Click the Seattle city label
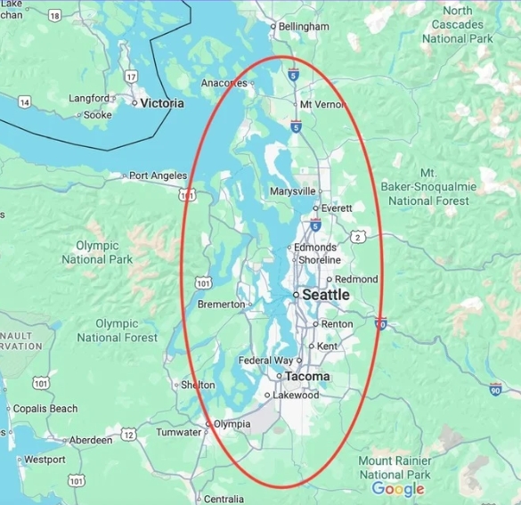[326, 295]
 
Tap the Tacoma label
[307, 377]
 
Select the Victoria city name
[162, 103]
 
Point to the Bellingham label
[304, 27]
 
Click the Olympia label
[232, 425]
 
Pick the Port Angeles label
[158, 175]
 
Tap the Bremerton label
[220, 305]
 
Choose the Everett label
[337, 208]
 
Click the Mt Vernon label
[322, 104]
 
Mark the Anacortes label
[224, 83]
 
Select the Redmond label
[356, 279]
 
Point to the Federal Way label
[265, 361]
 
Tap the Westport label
[45, 460]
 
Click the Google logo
[398, 489]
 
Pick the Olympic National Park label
[97, 252]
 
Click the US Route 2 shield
[358, 236]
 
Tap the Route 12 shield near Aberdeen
[129, 435]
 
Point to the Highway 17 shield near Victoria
[131, 77]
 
